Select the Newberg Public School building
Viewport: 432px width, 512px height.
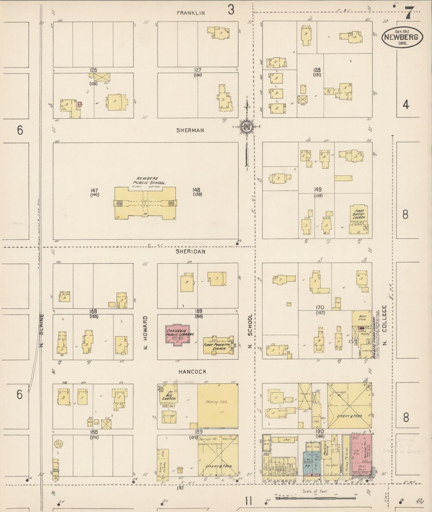pos(145,203)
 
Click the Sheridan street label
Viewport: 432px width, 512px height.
pos(190,252)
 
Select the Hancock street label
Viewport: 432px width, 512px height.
pos(192,372)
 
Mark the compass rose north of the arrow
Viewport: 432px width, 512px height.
pos(247,126)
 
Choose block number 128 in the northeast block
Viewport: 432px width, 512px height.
pos(317,70)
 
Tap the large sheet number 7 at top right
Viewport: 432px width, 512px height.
pos(408,13)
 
